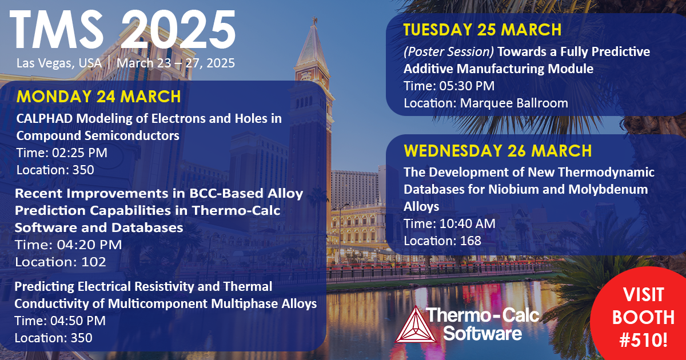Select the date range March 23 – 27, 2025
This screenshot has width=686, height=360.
point(176,63)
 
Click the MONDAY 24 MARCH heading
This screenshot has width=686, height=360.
point(98,96)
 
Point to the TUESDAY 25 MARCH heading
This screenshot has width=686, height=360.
point(482,30)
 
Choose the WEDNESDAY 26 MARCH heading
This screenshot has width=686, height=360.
point(497,151)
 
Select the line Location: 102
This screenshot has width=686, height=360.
point(61,262)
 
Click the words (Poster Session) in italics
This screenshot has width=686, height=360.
point(449,51)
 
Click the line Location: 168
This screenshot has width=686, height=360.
point(442,241)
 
